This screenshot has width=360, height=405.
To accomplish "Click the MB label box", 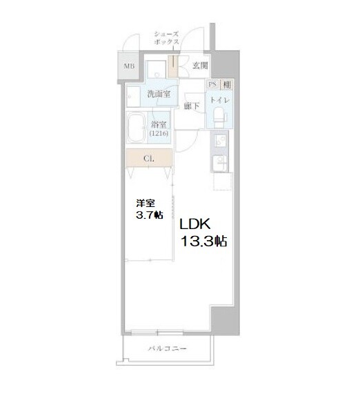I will pyautogui.click(x=128, y=66).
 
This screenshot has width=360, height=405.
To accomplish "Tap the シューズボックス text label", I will pyautogui.click(x=166, y=37).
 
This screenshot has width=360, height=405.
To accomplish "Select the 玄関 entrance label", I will pyautogui.click(x=200, y=66).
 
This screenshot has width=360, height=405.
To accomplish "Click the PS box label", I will pyautogui.click(x=212, y=84).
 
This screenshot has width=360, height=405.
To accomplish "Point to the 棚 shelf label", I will pyautogui.click(x=227, y=84).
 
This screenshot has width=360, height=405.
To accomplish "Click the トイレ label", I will pyautogui.click(x=221, y=101).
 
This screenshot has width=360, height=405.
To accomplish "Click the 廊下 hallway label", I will pyautogui.click(x=192, y=106).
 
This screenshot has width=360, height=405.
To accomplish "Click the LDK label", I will pyautogui.click(x=199, y=225).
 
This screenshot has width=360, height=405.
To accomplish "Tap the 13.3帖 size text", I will pyautogui.click(x=204, y=242).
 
